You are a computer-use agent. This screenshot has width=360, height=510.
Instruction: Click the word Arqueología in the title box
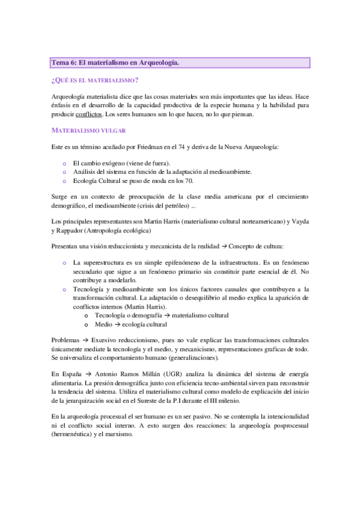[157, 63]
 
